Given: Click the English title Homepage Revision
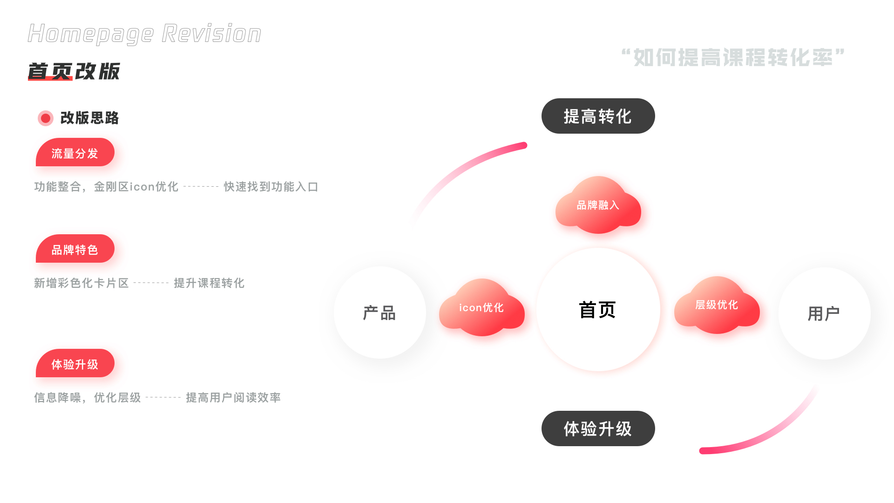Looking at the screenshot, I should [144, 34].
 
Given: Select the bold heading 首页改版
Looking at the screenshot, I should [74, 71].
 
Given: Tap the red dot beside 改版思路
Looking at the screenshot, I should [46, 118].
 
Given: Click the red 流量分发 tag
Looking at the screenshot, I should [75, 153].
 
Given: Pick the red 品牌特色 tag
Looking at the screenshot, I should [75, 249].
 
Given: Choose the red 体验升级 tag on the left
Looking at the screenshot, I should [75, 364].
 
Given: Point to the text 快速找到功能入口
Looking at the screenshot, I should [271, 187].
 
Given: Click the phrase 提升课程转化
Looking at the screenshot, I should [209, 283].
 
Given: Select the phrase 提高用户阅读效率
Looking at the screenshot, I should [233, 398].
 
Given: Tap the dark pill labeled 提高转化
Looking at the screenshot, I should [598, 116].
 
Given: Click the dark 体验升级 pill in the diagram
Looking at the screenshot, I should [598, 428].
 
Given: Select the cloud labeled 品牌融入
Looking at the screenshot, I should [598, 205].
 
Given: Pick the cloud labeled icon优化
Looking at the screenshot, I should [481, 308].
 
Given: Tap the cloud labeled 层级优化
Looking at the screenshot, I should [717, 305].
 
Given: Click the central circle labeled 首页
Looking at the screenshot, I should [598, 310].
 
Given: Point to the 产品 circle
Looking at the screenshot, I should [379, 313].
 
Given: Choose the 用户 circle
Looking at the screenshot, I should [824, 313].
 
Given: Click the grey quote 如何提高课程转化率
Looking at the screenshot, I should [733, 58].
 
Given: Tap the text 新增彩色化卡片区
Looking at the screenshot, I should [81, 283].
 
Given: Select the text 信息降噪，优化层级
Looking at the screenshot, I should [88, 398].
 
